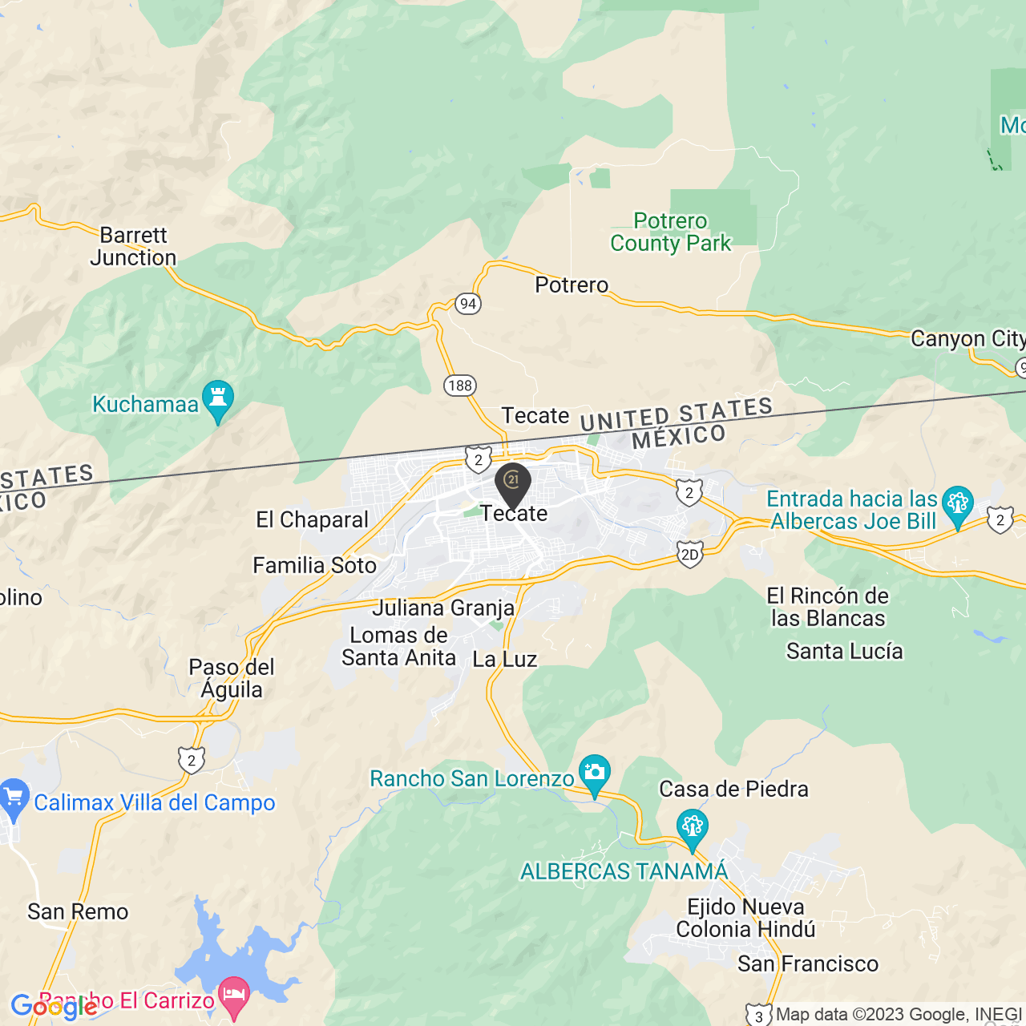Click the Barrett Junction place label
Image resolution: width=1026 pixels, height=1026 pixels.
pos(133,246)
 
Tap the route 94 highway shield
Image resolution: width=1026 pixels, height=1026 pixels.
pos(468,304)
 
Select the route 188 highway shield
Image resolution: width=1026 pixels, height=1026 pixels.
pos(460,386)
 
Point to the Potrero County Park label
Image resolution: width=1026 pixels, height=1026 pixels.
pos(671,232)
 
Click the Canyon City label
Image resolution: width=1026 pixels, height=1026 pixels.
pos(967,339)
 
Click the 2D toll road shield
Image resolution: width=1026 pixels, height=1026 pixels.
pos(689,555)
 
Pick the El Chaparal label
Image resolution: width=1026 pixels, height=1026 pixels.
pos(312,520)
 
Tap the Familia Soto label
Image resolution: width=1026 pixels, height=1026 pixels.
pos(314,566)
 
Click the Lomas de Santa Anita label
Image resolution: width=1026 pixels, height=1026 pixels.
pos(399,647)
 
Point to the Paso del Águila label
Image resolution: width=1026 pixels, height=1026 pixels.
pos(232,679)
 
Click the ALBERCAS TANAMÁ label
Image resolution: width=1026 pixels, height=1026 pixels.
pos(624,871)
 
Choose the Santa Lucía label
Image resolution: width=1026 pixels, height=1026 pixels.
pos(844,652)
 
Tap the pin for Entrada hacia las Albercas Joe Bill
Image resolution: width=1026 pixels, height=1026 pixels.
pos(957,506)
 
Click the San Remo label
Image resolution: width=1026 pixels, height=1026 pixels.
pos(78,912)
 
